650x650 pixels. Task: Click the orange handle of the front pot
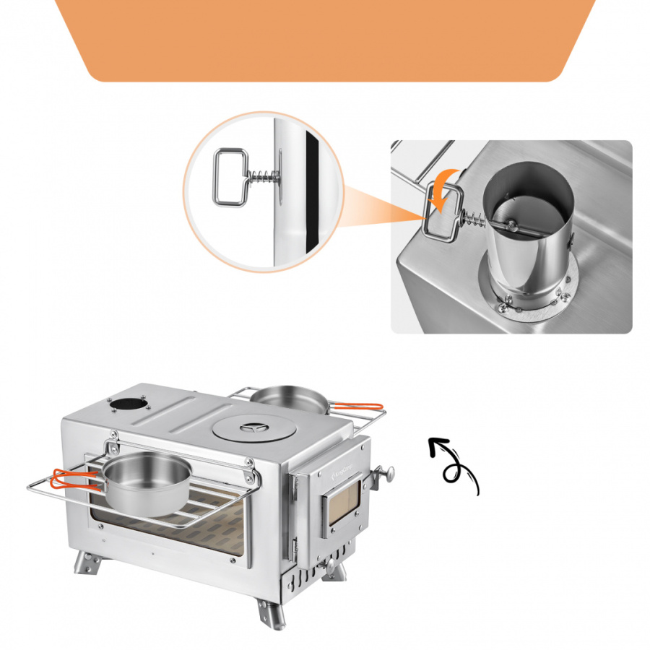click(x=72, y=479)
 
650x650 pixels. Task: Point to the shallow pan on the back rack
click(x=289, y=398)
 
